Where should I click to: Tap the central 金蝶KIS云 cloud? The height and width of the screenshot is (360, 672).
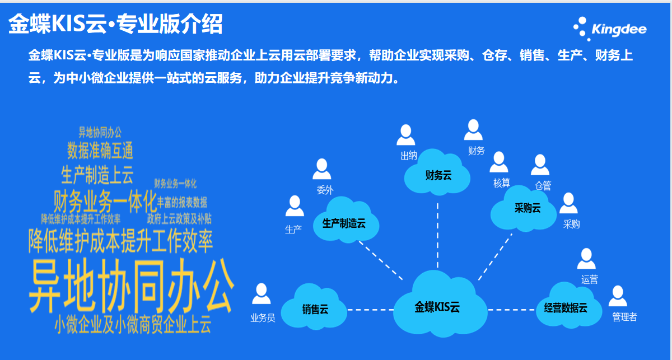(x=437, y=307)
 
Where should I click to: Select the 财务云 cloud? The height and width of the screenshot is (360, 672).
(x=438, y=175)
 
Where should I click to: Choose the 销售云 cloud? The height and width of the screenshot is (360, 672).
(x=315, y=309)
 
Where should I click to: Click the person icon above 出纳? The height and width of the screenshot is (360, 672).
(x=406, y=135)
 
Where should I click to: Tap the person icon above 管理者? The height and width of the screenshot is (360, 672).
(x=618, y=296)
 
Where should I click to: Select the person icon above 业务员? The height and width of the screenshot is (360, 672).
(x=261, y=293)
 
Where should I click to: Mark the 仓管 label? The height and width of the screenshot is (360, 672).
(x=543, y=185)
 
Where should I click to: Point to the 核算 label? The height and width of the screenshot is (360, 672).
(x=502, y=183)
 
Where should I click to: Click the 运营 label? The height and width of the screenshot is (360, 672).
(x=590, y=279)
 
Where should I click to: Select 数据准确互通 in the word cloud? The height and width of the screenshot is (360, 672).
(x=100, y=151)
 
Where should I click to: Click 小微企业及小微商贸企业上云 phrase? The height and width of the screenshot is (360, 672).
(x=133, y=325)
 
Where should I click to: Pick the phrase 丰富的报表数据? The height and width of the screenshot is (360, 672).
(x=182, y=202)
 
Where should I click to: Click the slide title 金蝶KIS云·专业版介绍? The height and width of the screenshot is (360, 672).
(x=115, y=24)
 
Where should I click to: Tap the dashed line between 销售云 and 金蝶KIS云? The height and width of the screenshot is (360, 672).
(x=370, y=309)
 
